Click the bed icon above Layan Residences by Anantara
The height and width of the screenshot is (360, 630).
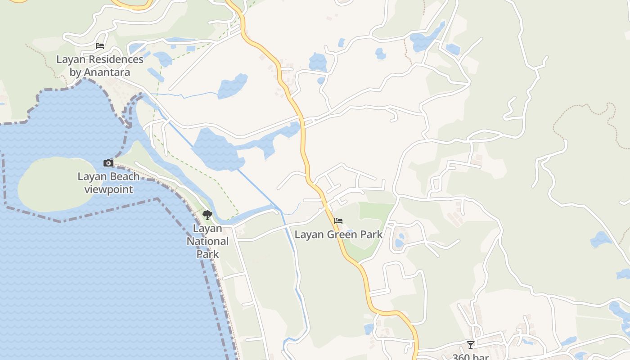[x=100, y=46]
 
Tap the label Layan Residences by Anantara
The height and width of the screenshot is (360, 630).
[x=100, y=66]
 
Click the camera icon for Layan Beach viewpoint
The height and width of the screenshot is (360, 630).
[x=108, y=163]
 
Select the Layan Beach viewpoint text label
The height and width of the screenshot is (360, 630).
[x=108, y=183]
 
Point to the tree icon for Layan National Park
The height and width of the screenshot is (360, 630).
[x=207, y=215]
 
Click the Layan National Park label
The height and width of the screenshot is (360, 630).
[x=207, y=241]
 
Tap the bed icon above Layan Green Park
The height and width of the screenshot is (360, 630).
[x=338, y=221]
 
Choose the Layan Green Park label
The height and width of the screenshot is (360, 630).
[x=338, y=234]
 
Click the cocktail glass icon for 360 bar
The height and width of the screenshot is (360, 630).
[x=470, y=345]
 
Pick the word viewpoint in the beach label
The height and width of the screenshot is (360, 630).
[x=108, y=189]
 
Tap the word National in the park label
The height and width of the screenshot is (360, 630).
[x=207, y=241]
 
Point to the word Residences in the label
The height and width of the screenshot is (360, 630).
[x=116, y=59]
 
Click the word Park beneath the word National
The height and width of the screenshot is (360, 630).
[x=207, y=254]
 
